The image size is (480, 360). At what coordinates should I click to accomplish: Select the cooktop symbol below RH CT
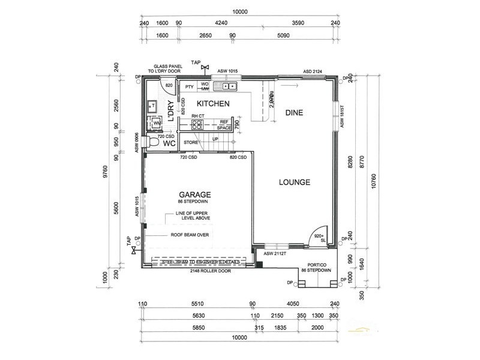click(x=197, y=125)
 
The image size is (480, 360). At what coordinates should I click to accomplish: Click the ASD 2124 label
click(x=313, y=71)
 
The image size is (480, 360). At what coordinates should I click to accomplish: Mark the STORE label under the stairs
click(x=191, y=142)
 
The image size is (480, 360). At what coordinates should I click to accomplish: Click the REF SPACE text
click(x=224, y=124)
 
